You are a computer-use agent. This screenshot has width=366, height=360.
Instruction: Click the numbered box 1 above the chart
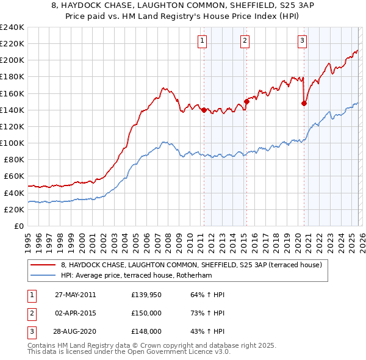click(202, 41)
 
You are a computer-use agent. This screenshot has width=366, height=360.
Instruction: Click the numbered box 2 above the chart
click(244, 41)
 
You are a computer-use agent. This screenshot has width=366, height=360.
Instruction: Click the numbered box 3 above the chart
click(302, 41)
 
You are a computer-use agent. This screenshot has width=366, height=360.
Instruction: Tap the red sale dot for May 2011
click(204, 110)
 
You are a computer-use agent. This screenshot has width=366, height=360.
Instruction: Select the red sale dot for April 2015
click(246, 101)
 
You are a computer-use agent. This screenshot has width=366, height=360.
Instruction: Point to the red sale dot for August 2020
click(304, 103)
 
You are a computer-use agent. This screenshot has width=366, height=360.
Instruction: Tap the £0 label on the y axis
click(18, 226)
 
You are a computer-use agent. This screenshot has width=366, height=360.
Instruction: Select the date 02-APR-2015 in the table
click(75, 313)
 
